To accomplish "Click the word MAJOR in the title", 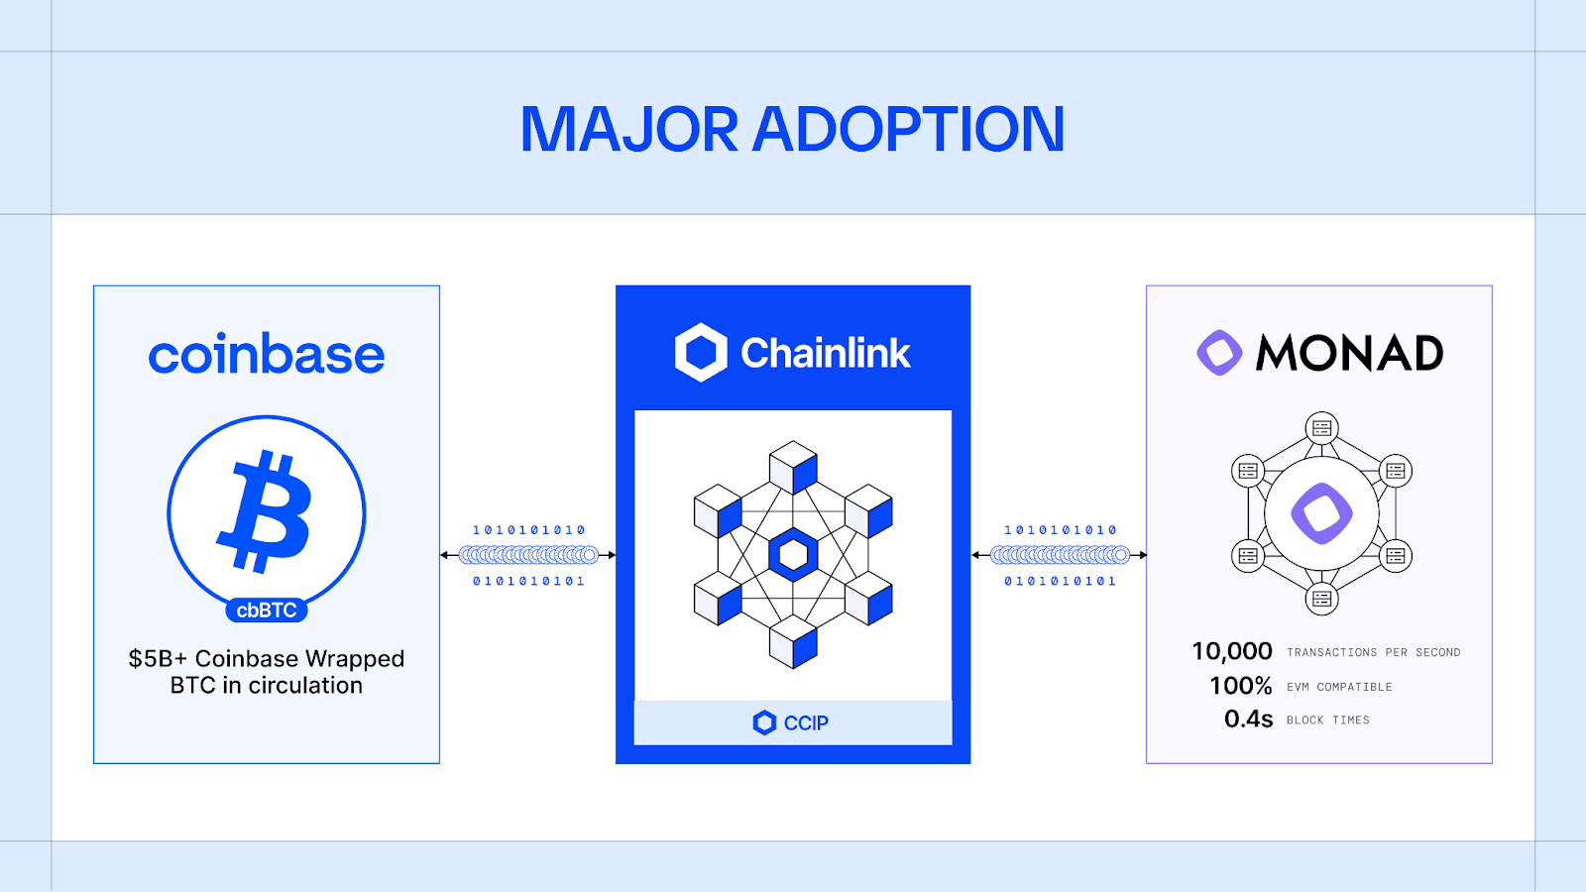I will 629,130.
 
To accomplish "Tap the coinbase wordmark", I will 267,355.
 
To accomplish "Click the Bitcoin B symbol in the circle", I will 266,511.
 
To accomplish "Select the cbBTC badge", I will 267,611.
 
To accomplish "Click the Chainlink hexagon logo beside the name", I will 701,353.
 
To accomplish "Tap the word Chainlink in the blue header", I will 825,353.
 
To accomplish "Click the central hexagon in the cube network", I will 793,555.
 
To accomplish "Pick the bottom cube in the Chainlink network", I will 793,641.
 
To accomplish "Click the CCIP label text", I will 806,724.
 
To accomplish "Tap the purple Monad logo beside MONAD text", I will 1219,353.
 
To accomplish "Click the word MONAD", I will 1349,353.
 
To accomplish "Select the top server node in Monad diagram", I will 1321,428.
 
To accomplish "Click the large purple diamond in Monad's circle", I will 1321,513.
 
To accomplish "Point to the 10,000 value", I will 1232,651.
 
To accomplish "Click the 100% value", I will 1240,686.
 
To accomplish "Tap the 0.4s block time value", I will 1248,719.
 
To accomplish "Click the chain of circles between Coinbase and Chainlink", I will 528,555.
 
